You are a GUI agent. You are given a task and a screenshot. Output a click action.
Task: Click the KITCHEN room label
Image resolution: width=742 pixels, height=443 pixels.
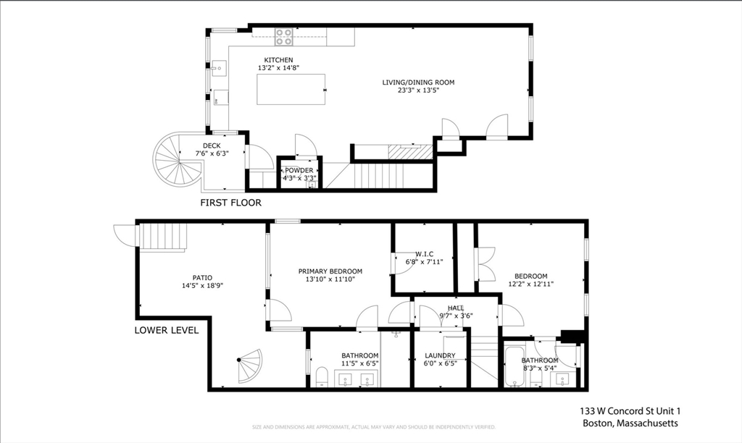[x=278, y=59]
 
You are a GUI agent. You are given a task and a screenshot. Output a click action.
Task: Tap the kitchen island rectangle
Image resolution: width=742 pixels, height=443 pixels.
[x=291, y=90]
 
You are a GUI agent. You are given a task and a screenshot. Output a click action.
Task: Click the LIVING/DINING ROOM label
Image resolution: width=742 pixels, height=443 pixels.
[x=418, y=83]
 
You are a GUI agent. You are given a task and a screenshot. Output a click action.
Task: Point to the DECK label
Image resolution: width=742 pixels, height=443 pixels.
[x=212, y=145]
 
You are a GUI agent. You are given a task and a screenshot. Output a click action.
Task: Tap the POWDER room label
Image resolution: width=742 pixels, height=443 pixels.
[x=299, y=170]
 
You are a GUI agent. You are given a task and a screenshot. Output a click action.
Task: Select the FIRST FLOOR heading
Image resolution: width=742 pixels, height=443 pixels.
[x=230, y=203]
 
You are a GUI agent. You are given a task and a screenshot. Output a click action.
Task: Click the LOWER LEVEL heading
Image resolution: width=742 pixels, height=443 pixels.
[x=166, y=330]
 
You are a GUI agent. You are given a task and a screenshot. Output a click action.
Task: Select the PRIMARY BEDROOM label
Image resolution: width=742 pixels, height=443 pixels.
[x=330, y=271]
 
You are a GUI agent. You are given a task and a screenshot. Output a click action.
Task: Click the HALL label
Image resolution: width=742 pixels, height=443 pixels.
[x=455, y=308]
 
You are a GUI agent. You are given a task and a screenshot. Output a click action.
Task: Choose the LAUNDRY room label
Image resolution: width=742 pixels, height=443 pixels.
[x=440, y=355]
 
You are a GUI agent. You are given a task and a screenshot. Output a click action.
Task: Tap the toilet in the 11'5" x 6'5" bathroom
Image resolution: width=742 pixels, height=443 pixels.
[x=322, y=376]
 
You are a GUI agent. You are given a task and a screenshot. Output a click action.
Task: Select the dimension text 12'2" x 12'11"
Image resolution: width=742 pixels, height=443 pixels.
[x=530, y=284]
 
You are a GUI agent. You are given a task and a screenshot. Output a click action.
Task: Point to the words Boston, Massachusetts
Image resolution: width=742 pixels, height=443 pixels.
[x=630, y=424]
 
